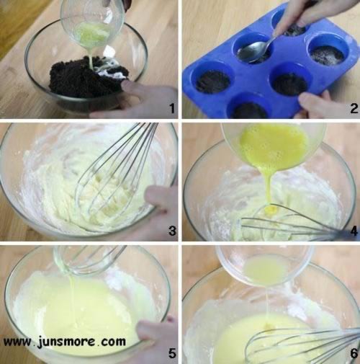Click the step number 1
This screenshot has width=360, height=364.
click(172, 108)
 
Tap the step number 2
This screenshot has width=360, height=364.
click(354, 108)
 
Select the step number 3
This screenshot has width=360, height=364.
click(172, 231)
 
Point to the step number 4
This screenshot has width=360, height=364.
click(354, 231)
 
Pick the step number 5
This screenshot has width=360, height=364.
click(172, 353)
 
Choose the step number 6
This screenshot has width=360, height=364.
click(354, 353)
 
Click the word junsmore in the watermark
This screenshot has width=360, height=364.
click(66, 342)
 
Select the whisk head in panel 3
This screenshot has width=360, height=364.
click(115, 173)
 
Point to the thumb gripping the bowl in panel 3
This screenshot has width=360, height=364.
click(157, 197)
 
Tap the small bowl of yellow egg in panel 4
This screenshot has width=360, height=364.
click(274, 146)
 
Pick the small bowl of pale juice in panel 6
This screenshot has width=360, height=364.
click(265, 265)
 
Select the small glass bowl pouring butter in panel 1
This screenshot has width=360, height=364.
click(92, 27)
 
